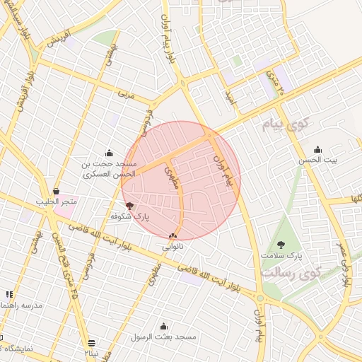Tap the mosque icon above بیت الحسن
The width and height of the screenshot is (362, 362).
pyautogui.click(x=317, y=149)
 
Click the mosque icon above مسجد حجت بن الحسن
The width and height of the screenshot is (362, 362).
pyautogui.click(x=108, y=153)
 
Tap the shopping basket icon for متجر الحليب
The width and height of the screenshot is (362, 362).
pyautogui.click(x=56, y=191)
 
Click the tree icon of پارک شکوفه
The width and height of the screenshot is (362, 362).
pyautogui.click(x=129, y=205)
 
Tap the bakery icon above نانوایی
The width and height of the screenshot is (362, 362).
pyautogui.click(x=173, y=235)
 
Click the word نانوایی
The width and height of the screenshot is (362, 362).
pyautogui.click(x=173, y=247)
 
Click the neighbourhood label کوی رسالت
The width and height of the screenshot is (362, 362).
pyautogui.click(x=290, y=271)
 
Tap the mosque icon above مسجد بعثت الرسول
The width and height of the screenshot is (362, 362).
pyautogui.click(x=164, y=326)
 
